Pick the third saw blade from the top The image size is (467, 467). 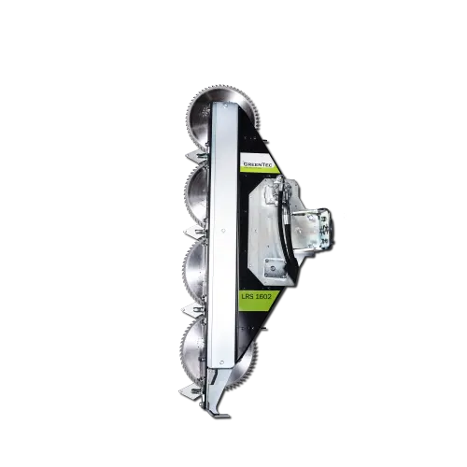click(x=197, y=272)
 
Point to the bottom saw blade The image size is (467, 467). click(x=198, y=349)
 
